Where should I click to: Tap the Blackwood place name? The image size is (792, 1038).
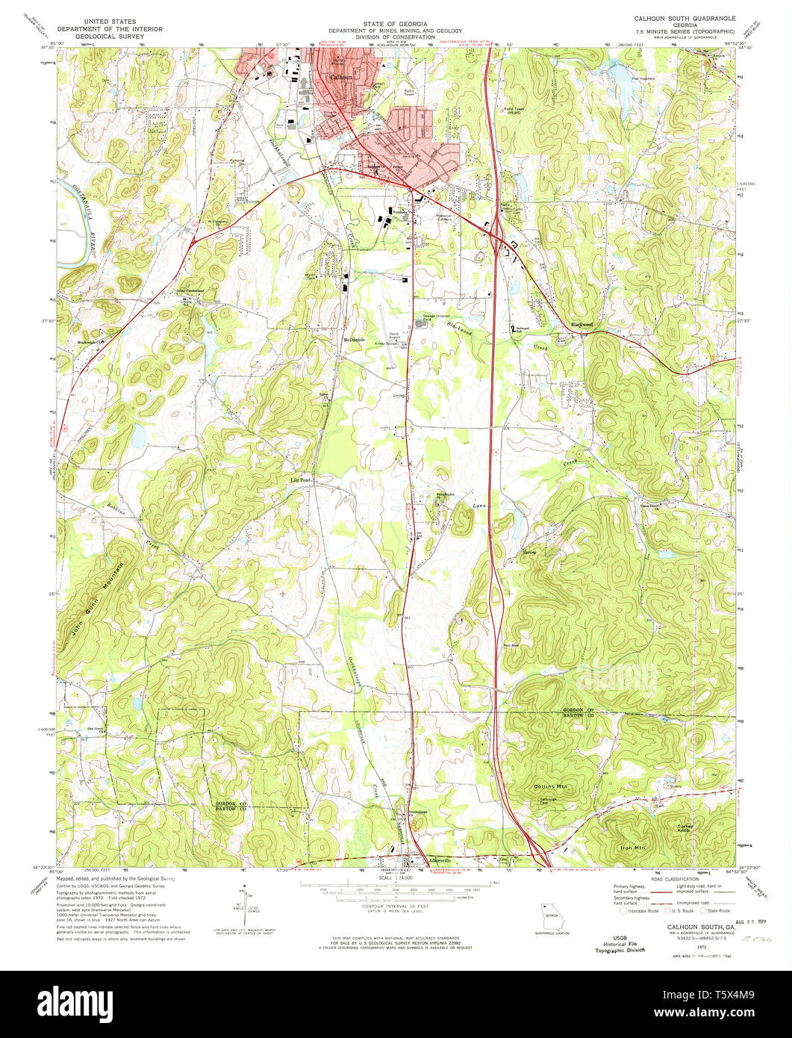click(581, 324)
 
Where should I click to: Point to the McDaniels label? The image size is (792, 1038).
click(353, 339)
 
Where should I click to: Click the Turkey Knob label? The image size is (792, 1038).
click(685, 827)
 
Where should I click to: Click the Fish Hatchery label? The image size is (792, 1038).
click(643, 80)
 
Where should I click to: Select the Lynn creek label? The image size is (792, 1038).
click(480, 506)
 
